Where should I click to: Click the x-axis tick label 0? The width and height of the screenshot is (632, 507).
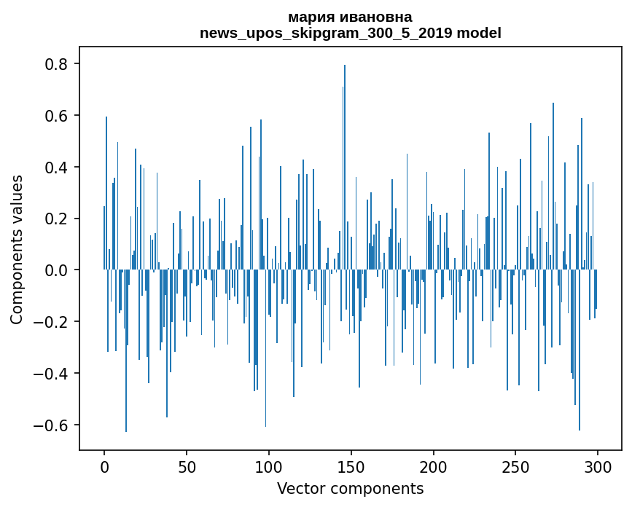104,466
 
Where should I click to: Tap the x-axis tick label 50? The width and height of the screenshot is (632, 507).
187,466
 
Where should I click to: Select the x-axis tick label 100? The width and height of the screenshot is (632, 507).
269,466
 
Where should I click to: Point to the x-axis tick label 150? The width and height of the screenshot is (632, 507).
351,466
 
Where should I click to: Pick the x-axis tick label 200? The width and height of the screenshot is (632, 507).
434,466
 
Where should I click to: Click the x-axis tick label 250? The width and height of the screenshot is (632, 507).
515,466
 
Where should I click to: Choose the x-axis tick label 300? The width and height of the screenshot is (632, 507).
598,466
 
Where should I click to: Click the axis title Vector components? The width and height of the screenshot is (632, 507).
350,489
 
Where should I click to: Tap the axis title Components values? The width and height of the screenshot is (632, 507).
17,249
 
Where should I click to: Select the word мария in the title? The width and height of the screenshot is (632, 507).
308,17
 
